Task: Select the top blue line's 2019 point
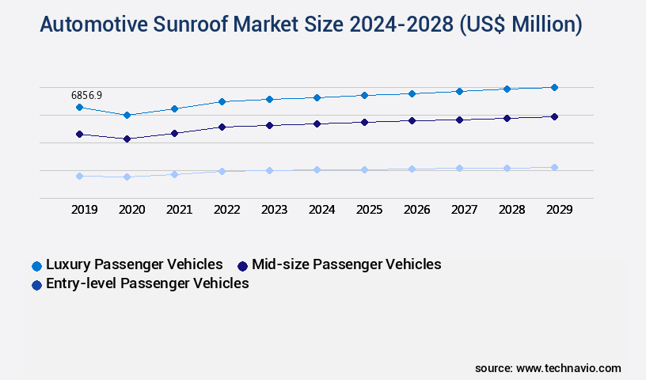79,107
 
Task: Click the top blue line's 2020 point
127,115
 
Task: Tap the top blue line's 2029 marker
554,87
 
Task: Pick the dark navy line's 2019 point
79,134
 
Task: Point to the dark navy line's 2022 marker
222,127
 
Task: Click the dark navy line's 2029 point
554,116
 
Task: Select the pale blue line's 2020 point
127,177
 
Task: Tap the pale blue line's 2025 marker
364,169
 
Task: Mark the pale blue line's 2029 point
554,167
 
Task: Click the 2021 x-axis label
179,210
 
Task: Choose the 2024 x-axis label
321,210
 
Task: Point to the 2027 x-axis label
464,210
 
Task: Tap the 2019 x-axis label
84,210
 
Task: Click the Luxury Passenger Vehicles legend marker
36,265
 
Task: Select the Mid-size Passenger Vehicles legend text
346,264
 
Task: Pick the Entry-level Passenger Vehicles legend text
147,283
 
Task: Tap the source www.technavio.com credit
548,368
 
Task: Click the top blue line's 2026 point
412,93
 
